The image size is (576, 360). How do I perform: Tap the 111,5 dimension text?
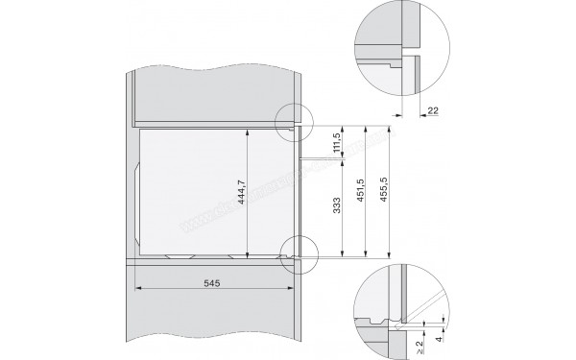335,141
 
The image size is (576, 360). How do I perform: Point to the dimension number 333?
335,208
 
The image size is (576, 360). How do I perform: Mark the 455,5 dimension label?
384,191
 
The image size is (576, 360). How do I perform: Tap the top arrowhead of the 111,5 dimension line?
344,127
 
